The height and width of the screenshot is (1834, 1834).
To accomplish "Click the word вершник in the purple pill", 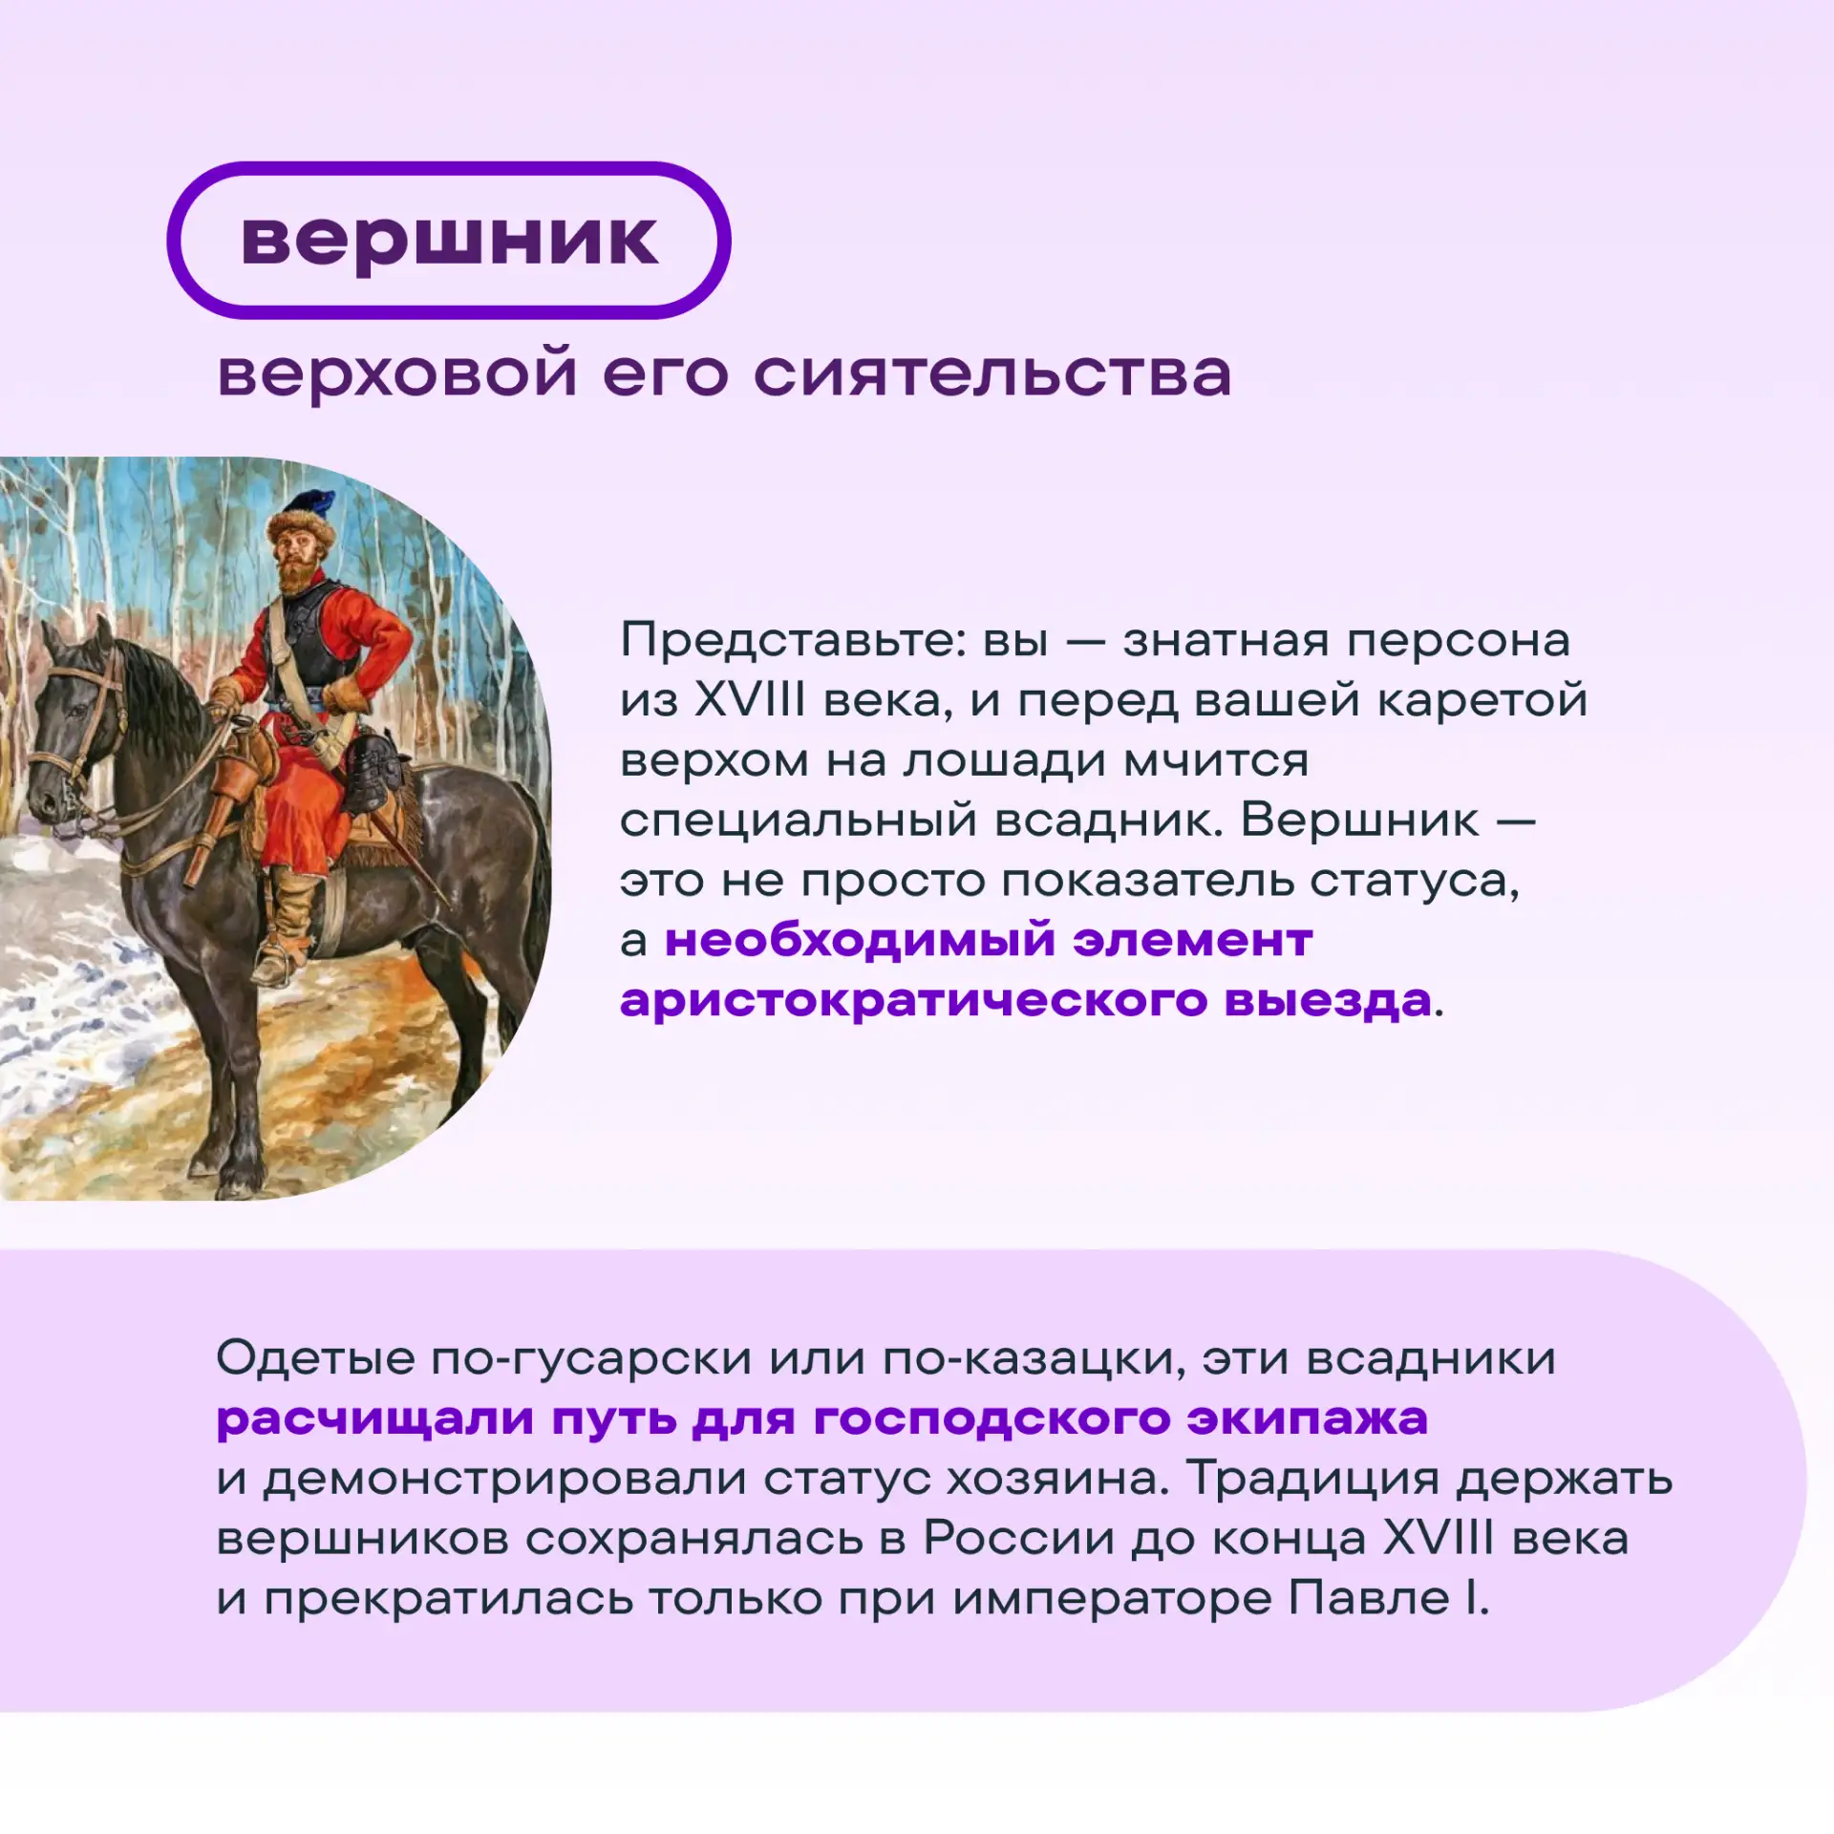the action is tap(449, 241).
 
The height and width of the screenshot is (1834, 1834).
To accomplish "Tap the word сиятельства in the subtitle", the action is tap(992, 373).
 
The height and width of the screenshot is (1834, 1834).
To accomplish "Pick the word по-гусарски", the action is tap(591, 1358).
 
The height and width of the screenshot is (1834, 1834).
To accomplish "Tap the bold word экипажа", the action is tap(1308, 1419).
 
